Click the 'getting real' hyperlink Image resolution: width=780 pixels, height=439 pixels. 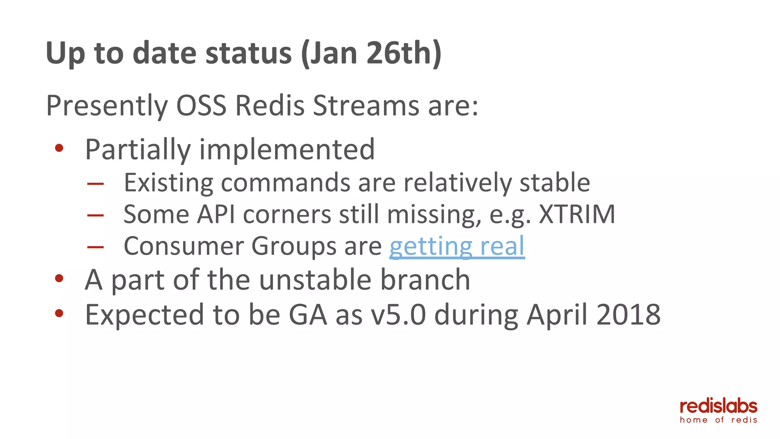tap(457, 246)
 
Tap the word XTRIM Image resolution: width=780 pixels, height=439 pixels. tap(577, 214)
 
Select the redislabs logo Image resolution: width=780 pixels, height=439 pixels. tap(718, 407)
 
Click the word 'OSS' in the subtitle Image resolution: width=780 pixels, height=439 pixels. tap(201, 106)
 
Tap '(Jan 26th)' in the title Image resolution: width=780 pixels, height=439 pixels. tap(371, 53)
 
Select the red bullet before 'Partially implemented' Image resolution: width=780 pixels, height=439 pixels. tap(59, 148)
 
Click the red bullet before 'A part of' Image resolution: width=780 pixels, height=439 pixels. tap(59, 278)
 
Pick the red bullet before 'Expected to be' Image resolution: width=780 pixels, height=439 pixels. tap(59, 313)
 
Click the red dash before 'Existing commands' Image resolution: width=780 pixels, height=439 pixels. tap(95, 184)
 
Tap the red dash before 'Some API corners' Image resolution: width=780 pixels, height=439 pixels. tap(95, 216)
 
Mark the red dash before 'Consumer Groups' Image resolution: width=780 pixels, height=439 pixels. tap(95, 247)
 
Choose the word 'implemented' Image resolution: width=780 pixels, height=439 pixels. tap(287, 149)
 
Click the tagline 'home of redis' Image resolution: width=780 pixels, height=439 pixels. tap(718, 420)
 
